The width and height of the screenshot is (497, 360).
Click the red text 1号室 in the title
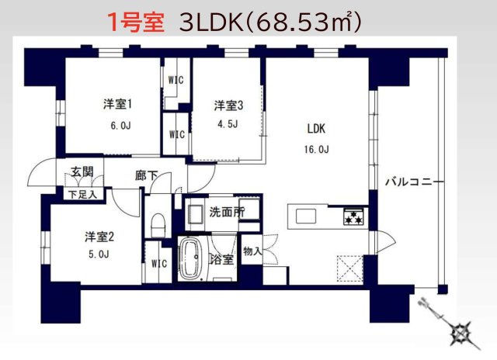coord(135,22)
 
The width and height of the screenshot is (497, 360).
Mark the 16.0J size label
coord(319,149)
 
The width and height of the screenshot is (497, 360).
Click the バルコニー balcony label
coord(414,182)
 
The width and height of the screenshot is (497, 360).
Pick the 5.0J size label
coord(98,254)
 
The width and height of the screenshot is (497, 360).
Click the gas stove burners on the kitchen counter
coord(354,216)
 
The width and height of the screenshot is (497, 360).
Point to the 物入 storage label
coord(252,251)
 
